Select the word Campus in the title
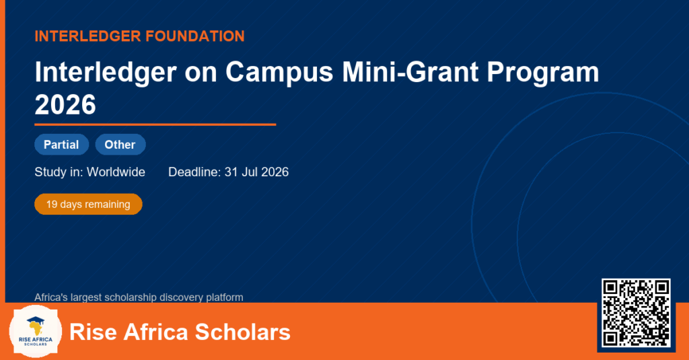[279, 72]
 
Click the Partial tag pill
[61, 145]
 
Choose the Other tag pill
[120, 145]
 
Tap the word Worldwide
[116, 172]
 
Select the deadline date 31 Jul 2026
[256, 172]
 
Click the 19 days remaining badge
[88, 205]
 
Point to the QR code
[636, 312]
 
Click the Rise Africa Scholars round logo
[35, 332]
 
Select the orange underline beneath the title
[155, 125]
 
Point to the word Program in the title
[543, 73]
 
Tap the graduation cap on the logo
[35, 320]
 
